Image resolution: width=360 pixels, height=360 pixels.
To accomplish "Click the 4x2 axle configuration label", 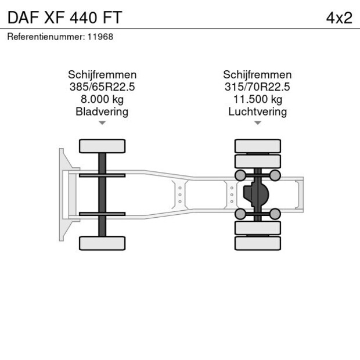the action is [339, 18].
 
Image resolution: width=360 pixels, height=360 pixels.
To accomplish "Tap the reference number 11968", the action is [100, 37].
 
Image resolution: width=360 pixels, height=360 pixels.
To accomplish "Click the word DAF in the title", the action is [23, 17].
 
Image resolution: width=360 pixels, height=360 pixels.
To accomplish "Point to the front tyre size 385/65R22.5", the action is [102, 87].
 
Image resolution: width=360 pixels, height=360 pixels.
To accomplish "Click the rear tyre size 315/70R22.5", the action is [257, 87].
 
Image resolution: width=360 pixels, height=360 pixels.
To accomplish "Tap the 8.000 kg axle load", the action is [102, 99].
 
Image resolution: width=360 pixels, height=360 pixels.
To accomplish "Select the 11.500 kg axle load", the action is [258, 99].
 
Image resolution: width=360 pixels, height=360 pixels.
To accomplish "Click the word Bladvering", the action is [102, 112].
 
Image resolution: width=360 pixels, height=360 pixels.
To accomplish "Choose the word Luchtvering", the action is [258, 112].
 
